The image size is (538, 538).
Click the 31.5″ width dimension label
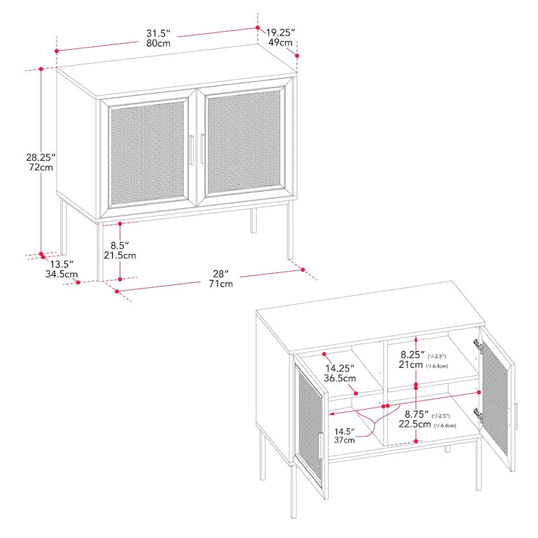[x=159, y=32]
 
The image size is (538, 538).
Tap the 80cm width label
[x=159, y=43]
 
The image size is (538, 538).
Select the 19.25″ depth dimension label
[x=280, y=32]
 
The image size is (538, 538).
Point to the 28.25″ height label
[x=40, y=157]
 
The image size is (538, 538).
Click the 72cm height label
[x=40, y=167]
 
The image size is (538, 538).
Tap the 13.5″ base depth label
[x=59, y=264]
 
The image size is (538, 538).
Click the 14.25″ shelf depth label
[x=341, y=369]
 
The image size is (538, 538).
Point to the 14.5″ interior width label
[x=345, y=430]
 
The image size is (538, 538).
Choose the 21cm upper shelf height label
[x=410, y=364]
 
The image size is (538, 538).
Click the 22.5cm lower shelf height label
[x=414, y=425]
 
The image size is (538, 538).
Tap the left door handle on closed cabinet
[x=192, y=150]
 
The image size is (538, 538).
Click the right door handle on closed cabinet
[x=202, y=149]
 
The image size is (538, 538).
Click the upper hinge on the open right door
[x=478, y=347]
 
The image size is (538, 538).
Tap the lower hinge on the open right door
[x=478, y=413]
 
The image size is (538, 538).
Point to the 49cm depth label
[x=280, y=43]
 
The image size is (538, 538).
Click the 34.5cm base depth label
[x=61, y=274]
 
